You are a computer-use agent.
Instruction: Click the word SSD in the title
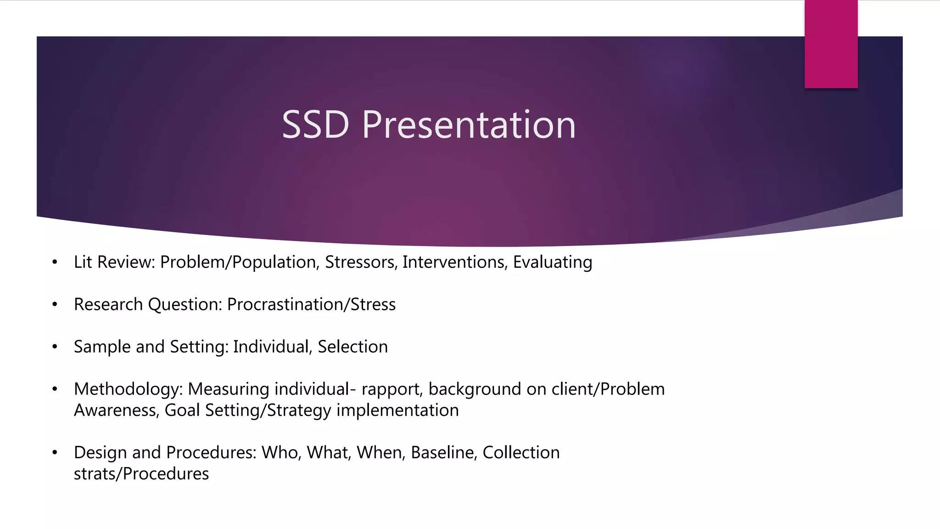coord(315,124)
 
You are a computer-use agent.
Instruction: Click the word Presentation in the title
coord(469,124)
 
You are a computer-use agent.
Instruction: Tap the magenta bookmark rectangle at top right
coord(831,44)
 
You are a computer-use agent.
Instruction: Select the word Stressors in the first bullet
coord(361,262)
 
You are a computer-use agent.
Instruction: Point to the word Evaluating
coord(552,262)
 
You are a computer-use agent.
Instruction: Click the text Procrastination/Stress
coord(311,304)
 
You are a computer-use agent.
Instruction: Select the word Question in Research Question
coord(185,304)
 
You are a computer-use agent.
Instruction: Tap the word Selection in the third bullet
coord(352,347)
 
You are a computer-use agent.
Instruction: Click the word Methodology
coord(128,389)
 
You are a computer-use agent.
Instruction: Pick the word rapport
coord(392,389)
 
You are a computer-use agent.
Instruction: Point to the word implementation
coord(397,410)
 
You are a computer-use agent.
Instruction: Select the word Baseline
coord(443,453)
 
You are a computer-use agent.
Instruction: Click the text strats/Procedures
coord(141,474)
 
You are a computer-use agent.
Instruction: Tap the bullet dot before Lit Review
coord(55,263)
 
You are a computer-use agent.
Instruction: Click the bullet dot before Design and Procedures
coord(55,453)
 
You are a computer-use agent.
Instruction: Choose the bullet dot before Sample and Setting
coord(55,347)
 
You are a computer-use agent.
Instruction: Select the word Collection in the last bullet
coord(521,453)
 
